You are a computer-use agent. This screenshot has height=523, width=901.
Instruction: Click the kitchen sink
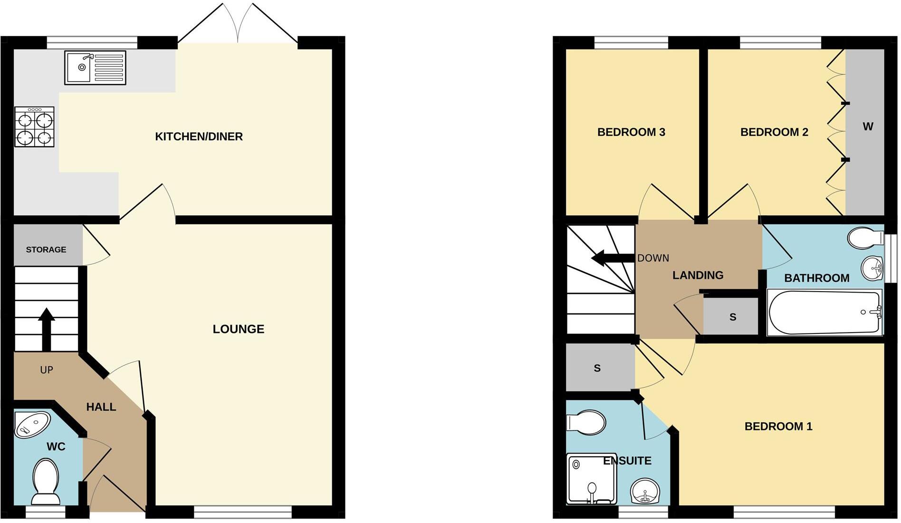(95, 67)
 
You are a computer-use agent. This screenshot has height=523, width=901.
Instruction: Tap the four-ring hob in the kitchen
(34, 127)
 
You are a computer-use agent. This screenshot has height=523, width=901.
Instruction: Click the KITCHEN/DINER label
(199, 137)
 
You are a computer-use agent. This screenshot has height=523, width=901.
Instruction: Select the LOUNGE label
(238, 329)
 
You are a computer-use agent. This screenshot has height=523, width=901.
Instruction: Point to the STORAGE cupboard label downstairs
(46, 249)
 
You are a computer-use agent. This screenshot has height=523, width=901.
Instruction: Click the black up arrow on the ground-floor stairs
(46, 328)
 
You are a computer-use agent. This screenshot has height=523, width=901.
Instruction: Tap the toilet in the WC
(46, 481)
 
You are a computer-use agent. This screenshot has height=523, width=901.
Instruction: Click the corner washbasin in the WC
(32, 424)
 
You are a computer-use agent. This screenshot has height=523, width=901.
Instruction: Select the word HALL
(101, 407)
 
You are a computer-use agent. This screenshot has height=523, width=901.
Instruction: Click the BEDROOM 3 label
(631, 132)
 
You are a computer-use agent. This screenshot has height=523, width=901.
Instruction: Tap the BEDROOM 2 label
(774, 132)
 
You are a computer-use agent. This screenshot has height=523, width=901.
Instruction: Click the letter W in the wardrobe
(868, 127)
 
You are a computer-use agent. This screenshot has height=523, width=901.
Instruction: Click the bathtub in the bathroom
(824, 312)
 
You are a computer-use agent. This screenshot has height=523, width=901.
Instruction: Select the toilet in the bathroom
(864, 238)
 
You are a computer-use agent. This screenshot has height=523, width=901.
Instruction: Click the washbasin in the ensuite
(644, 491)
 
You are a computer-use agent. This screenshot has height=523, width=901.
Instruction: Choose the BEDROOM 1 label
(778, 427)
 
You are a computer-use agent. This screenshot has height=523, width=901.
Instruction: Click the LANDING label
(698, 275)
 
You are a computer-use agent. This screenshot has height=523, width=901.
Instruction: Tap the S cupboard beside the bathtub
(732, 317)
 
